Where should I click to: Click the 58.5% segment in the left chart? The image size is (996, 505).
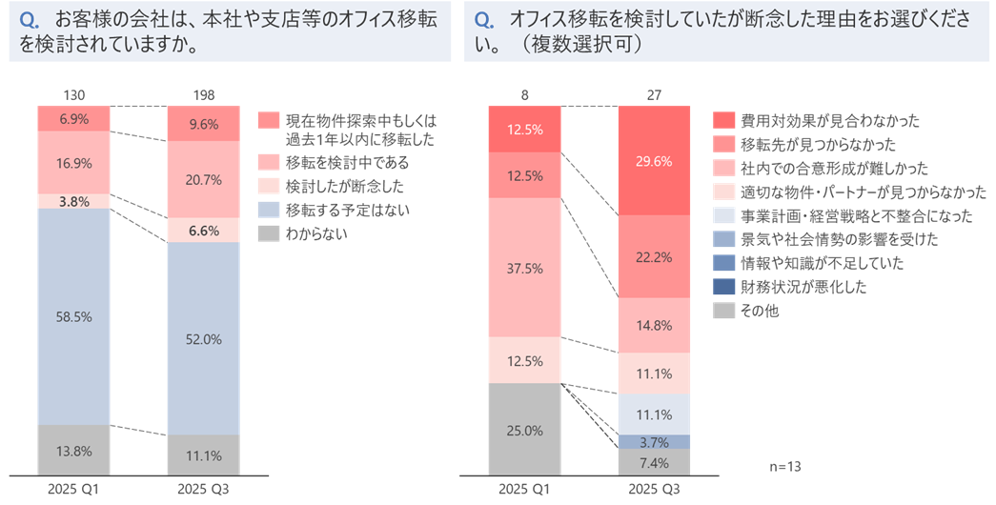click(73, 316)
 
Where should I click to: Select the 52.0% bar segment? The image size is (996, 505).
click(203, 339)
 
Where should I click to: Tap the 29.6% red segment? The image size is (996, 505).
click(653, 160)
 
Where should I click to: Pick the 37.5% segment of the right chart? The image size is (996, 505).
click(524, 268)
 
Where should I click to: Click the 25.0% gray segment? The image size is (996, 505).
click(524, 430)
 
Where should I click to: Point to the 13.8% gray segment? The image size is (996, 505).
click(73, 449)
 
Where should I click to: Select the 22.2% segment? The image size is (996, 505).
click(653, 256)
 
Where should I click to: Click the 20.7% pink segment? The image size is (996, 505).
click(203, 179)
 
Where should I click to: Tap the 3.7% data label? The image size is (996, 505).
click(653, 441)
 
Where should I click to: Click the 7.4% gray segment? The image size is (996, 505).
click(653, 462)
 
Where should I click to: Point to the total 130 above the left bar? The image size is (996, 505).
click(73, 95)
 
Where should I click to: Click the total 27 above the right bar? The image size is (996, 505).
click(653, 95)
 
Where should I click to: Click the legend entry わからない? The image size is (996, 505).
click(315, 234)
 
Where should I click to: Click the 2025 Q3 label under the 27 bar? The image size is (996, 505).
click(653, 490)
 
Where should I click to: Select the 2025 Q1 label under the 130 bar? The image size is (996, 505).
click(73, 490)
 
